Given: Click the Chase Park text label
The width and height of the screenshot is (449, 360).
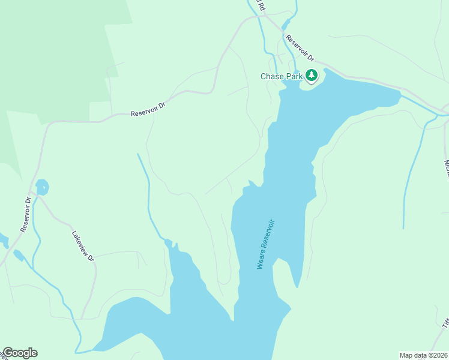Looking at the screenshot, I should coord(280,76).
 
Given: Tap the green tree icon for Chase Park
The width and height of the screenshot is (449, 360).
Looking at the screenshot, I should coord(311,76).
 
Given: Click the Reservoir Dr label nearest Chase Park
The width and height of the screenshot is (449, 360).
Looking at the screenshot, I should coord(300,49).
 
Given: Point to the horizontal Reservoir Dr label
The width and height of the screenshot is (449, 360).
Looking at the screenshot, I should coord(148,109).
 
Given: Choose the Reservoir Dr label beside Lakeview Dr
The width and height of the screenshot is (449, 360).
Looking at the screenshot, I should coord(25,214).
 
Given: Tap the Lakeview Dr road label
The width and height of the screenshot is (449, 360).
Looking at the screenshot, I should coord(83,246).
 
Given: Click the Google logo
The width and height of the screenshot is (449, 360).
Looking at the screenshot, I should coord(20,353).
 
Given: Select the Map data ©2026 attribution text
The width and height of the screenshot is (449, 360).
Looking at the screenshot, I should coord(423,355).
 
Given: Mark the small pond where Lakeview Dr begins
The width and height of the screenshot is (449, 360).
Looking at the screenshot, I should coord(42,188).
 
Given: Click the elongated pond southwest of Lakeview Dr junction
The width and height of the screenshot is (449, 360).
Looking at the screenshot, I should coord(18,256).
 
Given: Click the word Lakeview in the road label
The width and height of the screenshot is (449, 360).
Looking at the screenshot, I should coord(80,242).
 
